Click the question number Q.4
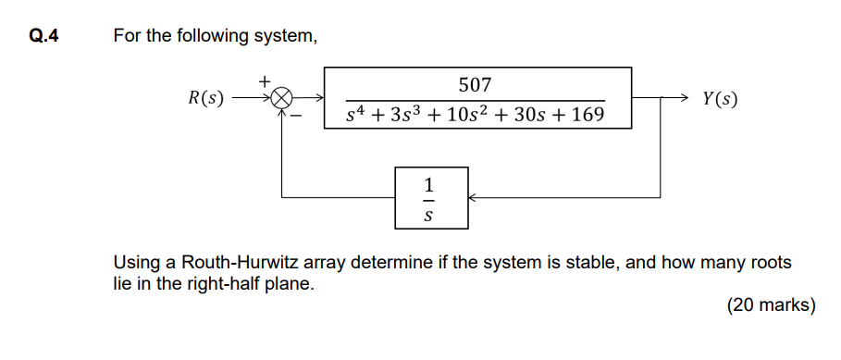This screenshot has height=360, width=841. (43, 37)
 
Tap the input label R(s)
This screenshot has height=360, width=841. (205, 98)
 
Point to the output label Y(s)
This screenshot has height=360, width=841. (720, 98)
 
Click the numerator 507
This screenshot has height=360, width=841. (475, 85)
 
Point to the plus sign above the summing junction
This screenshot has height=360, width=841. (265, 81)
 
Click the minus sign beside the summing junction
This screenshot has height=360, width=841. (298, 117)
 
